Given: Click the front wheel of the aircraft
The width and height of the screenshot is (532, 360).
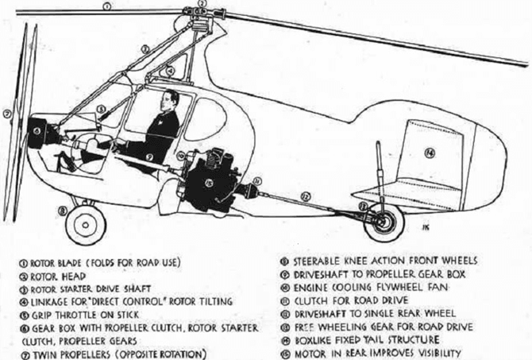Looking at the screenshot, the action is pos(86,224).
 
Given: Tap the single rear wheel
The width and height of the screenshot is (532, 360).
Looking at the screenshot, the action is pos(384,223).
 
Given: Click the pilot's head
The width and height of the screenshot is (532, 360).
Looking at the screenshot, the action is pos(169,100).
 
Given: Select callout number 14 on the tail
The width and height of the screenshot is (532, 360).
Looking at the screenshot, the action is pos(430,153).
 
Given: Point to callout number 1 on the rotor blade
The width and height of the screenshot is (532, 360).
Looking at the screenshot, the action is pos(106,6).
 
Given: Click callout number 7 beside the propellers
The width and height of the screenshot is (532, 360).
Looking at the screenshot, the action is pos(6,114).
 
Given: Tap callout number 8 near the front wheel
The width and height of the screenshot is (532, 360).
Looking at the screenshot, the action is pos(62,211).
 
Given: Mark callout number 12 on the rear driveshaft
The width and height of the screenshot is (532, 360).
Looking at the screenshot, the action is pos(306,196).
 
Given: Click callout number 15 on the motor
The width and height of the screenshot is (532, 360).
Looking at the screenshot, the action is pos(209,183).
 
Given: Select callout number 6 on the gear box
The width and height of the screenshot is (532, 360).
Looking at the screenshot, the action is pos(37,130).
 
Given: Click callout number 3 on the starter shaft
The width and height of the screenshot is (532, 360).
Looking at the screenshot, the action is pos(145,49).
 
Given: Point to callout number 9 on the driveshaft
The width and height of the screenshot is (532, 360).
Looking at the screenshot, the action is pos(149,157).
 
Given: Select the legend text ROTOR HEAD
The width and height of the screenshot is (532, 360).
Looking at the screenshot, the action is pos(58,277).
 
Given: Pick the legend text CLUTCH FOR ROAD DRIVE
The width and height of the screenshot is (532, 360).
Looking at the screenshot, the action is pos(351,301).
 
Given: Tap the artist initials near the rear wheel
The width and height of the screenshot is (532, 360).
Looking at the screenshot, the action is pos(426,227).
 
